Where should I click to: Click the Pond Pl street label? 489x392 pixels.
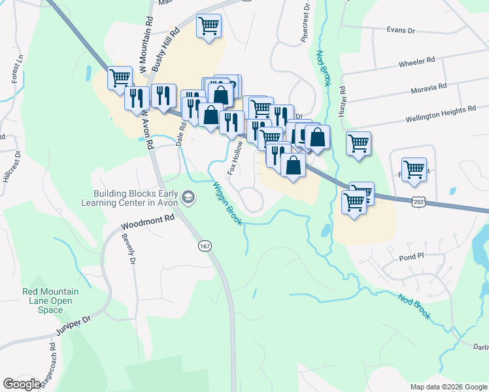412,257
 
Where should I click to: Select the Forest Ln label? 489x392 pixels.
17,68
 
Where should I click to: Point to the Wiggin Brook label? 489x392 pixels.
227,203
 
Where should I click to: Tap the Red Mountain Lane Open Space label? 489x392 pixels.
50,301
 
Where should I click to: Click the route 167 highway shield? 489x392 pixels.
205,246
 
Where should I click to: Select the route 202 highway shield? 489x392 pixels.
418,203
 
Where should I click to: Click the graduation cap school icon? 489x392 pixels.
188,197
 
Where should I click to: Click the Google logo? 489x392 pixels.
22,384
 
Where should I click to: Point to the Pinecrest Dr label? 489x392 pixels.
305,24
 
